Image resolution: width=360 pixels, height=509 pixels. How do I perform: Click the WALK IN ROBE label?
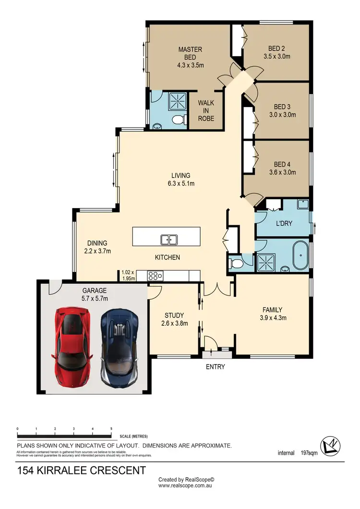(x=206, y=110)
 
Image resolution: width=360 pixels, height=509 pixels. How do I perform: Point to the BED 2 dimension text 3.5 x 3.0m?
(x=277, y=56)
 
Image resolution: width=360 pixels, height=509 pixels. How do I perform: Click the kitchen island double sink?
(x=169, y=239)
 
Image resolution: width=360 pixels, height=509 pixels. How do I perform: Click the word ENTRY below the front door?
(x=215, y=367)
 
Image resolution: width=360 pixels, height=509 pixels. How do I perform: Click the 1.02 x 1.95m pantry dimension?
(x=128, y=275)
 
